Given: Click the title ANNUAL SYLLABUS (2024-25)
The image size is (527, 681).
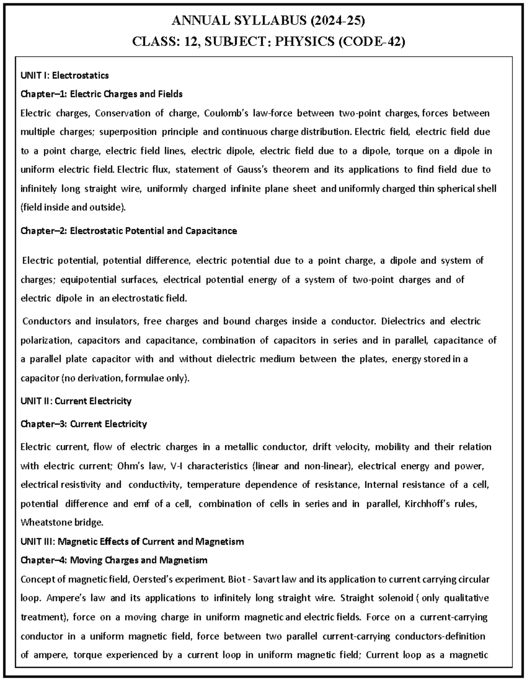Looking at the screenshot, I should tap(268, 21).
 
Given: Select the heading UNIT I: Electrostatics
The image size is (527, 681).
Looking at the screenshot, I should tap(65, 75).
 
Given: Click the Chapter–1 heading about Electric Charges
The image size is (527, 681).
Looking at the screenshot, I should tap(101, 94).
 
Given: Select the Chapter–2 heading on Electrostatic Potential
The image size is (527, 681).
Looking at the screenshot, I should tap(129, 231).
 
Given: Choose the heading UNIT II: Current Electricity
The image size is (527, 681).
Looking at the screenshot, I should tap(76, 401).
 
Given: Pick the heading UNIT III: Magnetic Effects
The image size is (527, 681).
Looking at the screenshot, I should tap(132, 542).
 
